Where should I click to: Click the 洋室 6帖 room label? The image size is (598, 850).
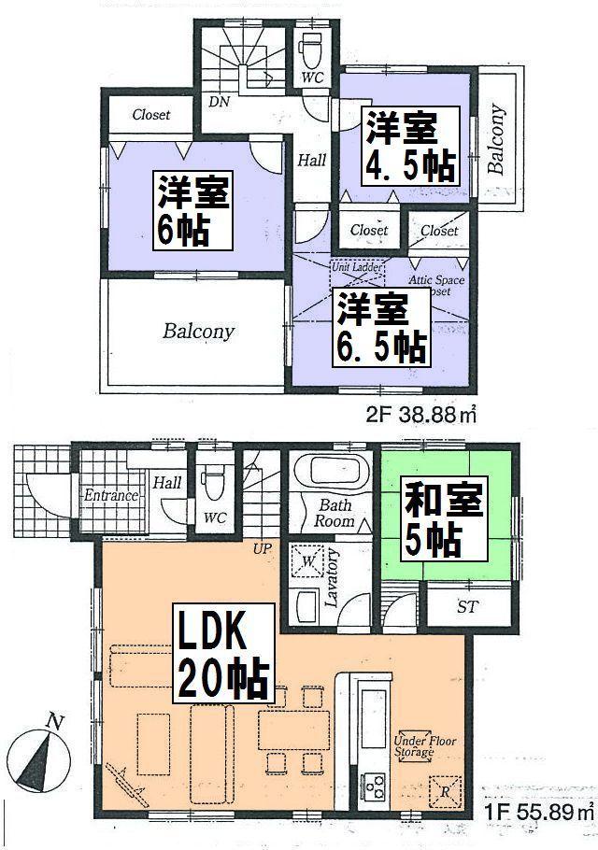193,210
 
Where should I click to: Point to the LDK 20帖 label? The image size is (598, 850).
221,654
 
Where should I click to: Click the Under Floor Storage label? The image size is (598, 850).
414,744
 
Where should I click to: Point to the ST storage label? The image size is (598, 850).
467,607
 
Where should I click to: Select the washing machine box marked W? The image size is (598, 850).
308,562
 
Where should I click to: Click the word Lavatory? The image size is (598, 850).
333,579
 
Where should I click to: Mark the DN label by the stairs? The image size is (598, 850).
220,102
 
